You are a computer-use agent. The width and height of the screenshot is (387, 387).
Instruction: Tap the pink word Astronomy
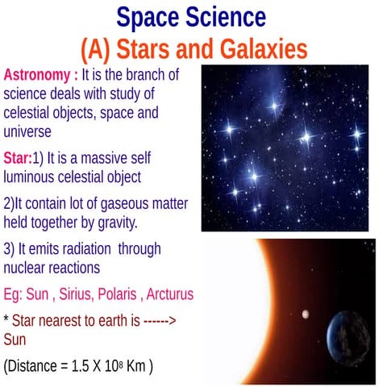coord(37,75)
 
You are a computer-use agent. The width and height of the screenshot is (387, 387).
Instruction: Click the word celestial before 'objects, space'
coord(31,112)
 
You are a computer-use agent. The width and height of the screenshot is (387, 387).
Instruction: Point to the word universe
coord(28,131)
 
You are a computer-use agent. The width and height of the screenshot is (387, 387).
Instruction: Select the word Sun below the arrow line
coord(15,339)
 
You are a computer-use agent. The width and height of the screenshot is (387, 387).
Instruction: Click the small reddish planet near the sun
coord(305,314)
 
